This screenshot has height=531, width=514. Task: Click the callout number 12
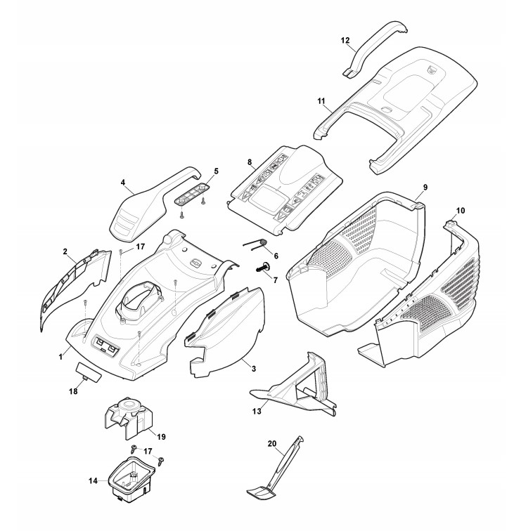point(345,40)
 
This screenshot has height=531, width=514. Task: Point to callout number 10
point(461,211)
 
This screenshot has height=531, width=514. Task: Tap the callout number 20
point(273,443)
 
